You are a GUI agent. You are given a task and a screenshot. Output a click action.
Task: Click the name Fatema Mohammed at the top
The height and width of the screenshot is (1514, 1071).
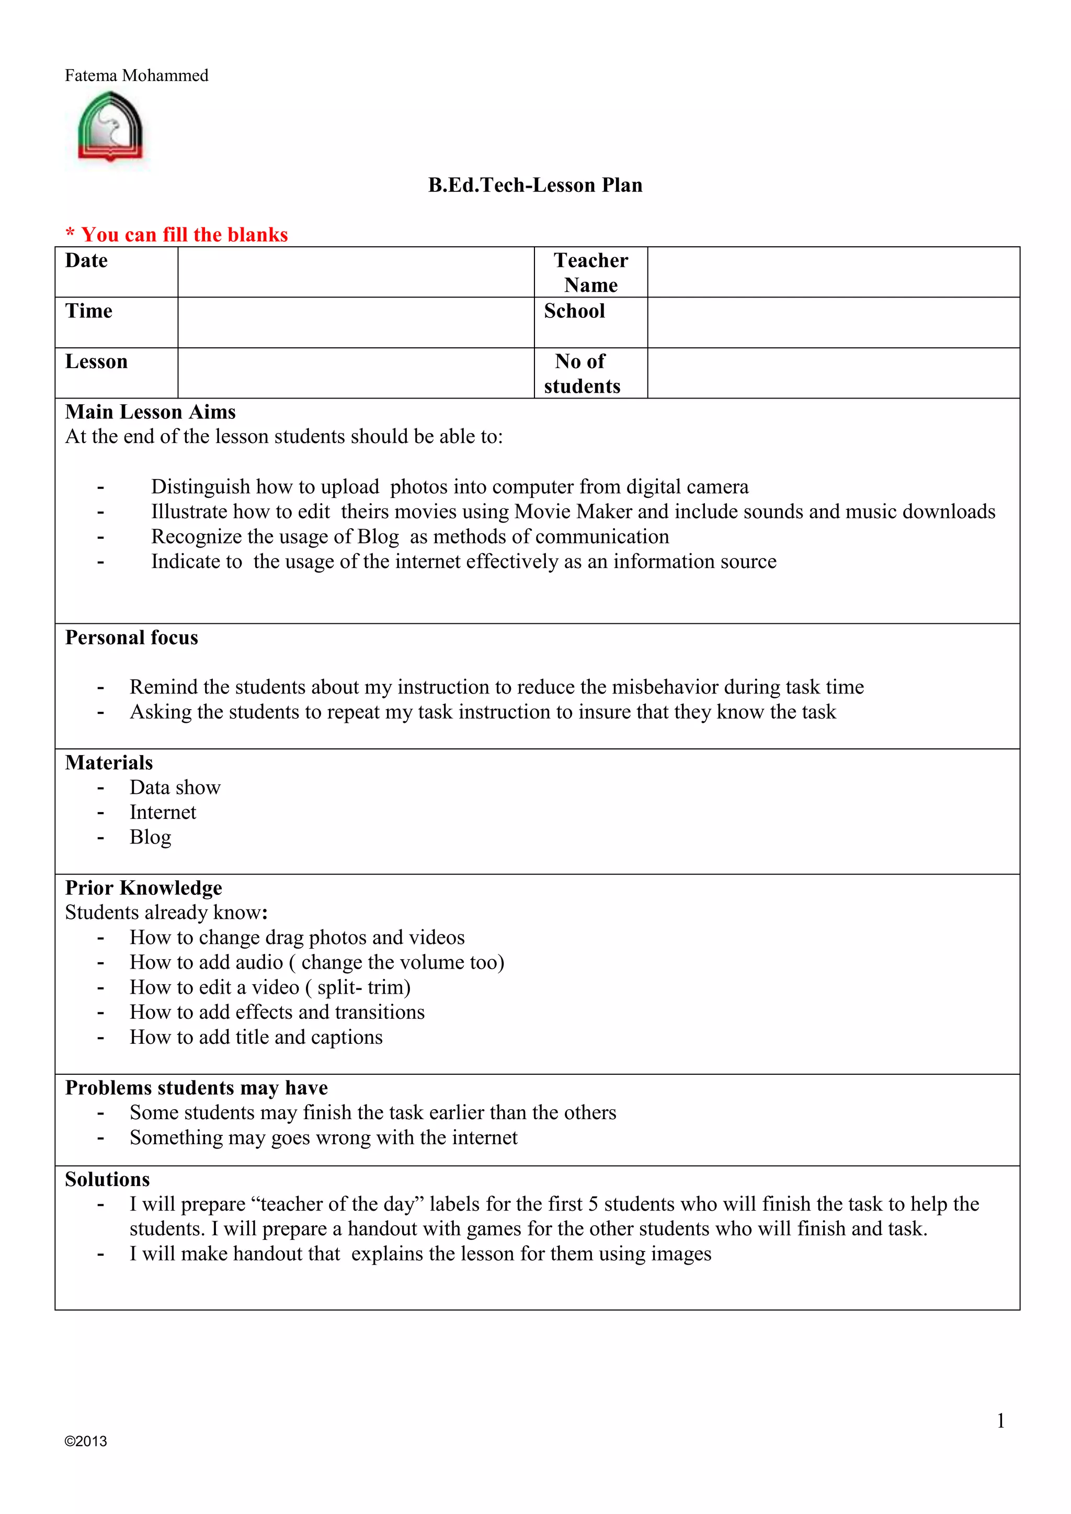click(x=136, y=76)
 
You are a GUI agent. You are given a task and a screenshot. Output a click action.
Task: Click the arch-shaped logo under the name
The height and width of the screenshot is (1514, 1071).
click(x=110, y=127)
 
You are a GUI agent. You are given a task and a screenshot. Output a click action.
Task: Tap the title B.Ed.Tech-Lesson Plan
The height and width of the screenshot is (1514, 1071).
click(x=535, y=185)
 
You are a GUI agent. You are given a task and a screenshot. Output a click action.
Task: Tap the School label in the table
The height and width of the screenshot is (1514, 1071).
click(x=574, y=311)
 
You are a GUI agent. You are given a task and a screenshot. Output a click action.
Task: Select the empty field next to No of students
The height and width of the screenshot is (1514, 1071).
click(x=833, y=373)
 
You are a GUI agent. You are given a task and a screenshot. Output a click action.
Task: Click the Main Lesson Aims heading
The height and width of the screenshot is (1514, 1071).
click(x=151, y=412)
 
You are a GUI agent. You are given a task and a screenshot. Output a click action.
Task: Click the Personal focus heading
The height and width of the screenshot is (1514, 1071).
click(x=131, y=638)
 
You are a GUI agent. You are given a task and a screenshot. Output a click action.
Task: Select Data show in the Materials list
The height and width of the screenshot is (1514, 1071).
click(x=175, y=788)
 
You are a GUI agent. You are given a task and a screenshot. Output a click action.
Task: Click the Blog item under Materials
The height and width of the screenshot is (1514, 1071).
click(x=151, y=837)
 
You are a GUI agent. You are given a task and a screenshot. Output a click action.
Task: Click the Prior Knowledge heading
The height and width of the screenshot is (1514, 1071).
click(x=143, y=888)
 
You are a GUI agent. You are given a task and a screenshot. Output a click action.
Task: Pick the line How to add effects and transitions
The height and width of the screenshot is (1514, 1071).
click(x=277, y=1012)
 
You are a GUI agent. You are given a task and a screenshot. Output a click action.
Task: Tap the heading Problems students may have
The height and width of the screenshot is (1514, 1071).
click(x=196, y=1088)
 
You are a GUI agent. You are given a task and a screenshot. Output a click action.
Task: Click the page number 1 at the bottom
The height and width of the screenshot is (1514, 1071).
click(x=1000, y=1421)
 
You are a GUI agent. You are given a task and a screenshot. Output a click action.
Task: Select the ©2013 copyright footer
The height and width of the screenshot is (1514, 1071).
click(x=86, y=1441)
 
